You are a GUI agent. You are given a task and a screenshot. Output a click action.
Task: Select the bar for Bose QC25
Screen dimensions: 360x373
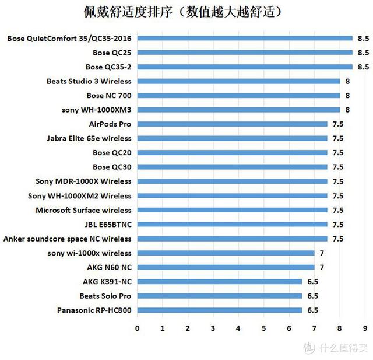[245, 53]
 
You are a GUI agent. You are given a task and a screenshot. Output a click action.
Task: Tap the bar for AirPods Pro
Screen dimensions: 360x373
[232, 124]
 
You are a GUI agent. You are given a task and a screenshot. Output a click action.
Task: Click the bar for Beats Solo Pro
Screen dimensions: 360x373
[219, 296]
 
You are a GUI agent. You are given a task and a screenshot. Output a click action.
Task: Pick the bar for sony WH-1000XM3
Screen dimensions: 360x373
[238, 110]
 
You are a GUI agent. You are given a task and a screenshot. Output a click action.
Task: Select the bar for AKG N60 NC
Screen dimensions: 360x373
[226, 267]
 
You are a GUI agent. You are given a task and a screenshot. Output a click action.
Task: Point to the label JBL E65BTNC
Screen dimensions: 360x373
[108, 224]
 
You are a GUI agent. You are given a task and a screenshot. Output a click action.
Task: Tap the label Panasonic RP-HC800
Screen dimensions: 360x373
[94, 310]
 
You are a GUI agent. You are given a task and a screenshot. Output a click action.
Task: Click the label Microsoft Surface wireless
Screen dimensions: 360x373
[83, 210]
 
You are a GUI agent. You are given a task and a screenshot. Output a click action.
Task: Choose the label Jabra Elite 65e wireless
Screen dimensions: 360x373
[89, 138]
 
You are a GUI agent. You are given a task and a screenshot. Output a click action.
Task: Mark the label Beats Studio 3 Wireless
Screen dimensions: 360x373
[89, 81]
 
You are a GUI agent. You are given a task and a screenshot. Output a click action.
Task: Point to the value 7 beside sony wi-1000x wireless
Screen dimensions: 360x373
[322, 253]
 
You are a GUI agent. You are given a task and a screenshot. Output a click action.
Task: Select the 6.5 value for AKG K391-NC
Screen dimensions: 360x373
[312, 281]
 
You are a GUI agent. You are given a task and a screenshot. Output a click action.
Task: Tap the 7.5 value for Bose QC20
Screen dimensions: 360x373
[338, 153]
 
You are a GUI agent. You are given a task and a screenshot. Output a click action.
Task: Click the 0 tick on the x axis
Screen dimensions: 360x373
[137, 328]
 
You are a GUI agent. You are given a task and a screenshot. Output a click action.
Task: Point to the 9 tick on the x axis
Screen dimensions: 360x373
[365, 328]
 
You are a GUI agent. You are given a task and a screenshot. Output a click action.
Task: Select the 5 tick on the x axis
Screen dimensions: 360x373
[263, 328]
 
